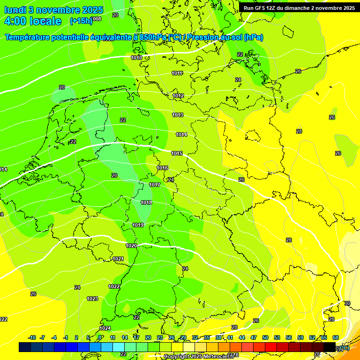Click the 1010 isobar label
pos(136,58)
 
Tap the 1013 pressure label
pos(178,115)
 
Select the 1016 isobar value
pos(162,168)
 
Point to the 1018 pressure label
pos(146,202)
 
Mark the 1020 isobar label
pos(131,246)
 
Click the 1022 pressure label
pos(114,286)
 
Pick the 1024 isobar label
pos(105,328)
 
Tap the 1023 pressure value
pos(92,299)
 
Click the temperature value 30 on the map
pos(347,303)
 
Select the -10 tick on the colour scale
pos(32,337)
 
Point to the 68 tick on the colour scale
pos(336,337)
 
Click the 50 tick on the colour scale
pos(265,337)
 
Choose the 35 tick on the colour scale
pos(207,337)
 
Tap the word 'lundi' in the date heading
pos(17,10)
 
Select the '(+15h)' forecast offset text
pos(81,21)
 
